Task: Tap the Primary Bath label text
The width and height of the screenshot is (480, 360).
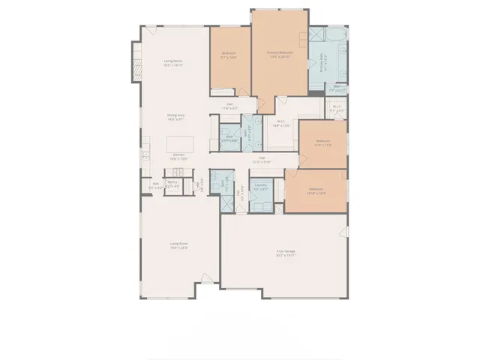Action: click(323, 66)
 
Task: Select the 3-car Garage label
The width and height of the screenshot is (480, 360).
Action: click(285, 254)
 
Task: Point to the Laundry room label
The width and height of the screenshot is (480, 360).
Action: click(261, 187)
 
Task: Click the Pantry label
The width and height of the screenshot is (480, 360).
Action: click(172, 183)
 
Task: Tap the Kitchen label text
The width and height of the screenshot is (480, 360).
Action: click(178, 157)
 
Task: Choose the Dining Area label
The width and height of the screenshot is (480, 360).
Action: click(176, 116)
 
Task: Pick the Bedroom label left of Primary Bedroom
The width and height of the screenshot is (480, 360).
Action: click(229, 55)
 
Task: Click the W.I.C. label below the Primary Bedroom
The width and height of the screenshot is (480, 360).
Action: click(280, 124)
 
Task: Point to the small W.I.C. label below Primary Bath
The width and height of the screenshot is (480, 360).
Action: click(337, 108)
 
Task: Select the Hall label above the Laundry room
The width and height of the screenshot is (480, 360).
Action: click(262, 158)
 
